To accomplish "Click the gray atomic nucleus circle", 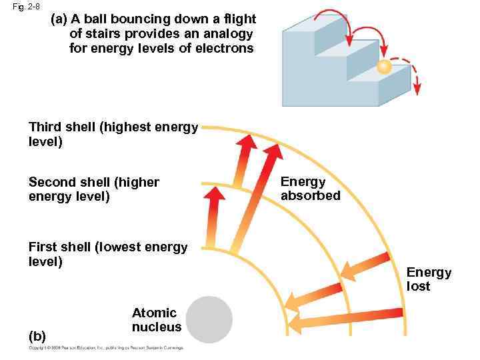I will click(x=209, y=319).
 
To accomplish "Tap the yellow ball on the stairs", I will click(x=383, y=67).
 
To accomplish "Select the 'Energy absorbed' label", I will click(x=310, y=188).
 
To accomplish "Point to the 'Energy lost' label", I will click(x=429, y=279).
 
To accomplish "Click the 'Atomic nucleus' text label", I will click(x=156, y=319).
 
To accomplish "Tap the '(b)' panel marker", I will click(x=37, y=335).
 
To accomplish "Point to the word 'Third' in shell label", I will click(x=45, y=127).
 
